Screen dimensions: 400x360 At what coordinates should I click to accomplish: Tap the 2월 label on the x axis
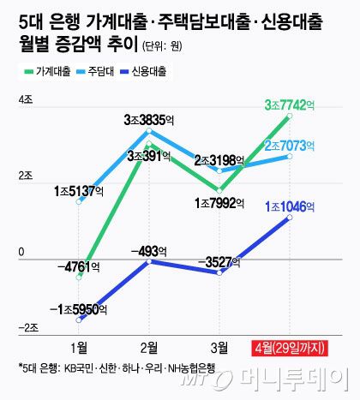(150, 347)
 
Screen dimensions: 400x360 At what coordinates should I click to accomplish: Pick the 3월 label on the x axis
(219, 347)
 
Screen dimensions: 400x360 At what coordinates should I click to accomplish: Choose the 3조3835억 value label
(150, 119)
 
